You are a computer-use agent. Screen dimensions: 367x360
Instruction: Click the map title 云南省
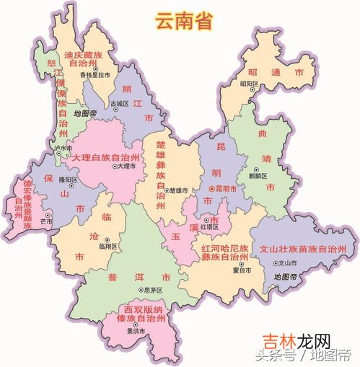(x=183, y=21)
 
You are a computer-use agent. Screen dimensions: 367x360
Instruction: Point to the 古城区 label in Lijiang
(x=119, y=104)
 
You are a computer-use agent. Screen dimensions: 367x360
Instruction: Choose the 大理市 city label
(x=126, y=167)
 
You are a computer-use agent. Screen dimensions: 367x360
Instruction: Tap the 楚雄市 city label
(x=178, y=191)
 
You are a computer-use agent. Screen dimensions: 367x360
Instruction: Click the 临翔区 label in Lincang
(x=107, y=246)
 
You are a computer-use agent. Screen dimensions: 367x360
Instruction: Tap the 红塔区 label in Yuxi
(x=208, y=226)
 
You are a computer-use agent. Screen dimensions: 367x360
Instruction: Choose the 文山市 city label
(x=288, y=263)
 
